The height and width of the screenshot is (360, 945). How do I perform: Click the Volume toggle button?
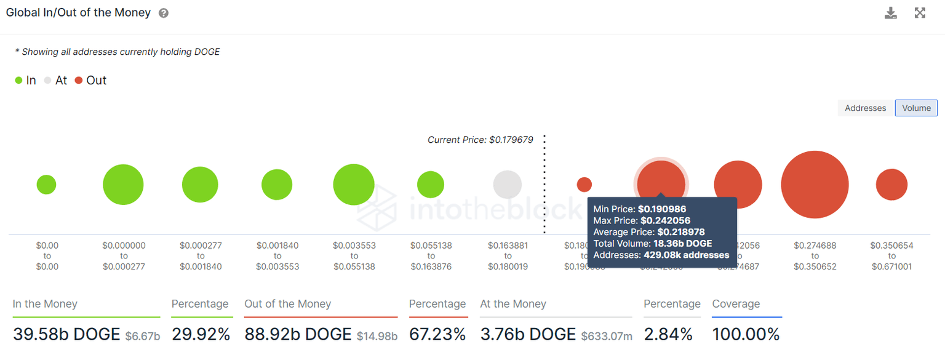(916, 108)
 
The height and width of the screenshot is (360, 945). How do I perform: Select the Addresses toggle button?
(865, 108)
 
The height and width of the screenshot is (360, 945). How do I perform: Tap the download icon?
(890, 13)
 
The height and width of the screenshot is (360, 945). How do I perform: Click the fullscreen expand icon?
(920, 13)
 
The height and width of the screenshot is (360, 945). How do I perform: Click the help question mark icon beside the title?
(164, 13)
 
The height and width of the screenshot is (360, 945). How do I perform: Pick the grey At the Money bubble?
(508, 185)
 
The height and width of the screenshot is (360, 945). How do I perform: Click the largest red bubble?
(815, 185)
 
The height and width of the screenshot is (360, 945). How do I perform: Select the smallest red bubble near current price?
(584, 185)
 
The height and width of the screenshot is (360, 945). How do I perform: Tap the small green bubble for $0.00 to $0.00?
(46, 185)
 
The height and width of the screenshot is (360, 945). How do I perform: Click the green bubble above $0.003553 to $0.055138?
(354, 185)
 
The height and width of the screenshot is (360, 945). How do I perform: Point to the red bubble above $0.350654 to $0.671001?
(891, 185)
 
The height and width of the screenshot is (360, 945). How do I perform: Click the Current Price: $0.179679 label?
(480, 140)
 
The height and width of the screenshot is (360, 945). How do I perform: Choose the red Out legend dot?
(79, 81)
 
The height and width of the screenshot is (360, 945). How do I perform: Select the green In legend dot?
(19, 81)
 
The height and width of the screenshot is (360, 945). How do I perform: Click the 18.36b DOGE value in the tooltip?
(682, 244)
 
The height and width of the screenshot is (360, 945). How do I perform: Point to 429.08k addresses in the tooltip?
(686, 255)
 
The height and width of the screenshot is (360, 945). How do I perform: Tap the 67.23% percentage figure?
(437, 334)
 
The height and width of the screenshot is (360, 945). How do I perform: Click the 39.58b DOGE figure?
(66, 334)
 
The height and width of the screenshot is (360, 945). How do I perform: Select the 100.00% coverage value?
(746, 334)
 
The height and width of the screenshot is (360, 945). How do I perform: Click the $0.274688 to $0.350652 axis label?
(815, 256)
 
